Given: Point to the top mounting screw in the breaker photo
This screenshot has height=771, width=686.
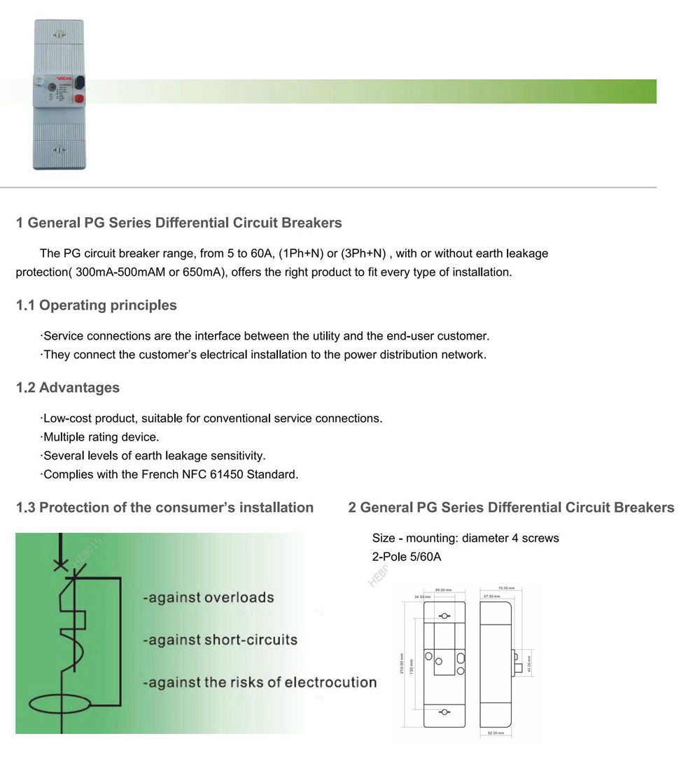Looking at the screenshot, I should (59, 34).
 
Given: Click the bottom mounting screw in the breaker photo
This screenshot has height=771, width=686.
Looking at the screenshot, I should (59, 149).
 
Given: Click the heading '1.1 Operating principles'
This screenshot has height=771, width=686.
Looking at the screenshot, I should (97, 305).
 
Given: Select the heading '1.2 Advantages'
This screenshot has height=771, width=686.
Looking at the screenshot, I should (68, 388).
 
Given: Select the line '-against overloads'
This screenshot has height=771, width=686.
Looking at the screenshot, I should (208, 598).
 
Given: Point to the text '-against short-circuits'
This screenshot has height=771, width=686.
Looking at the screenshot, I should (220, 640).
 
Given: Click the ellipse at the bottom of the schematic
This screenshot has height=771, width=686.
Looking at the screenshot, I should (62, 700).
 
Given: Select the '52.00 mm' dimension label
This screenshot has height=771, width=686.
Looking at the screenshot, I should (496, 732).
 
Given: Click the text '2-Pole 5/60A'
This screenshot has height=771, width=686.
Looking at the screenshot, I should (407, 557).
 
